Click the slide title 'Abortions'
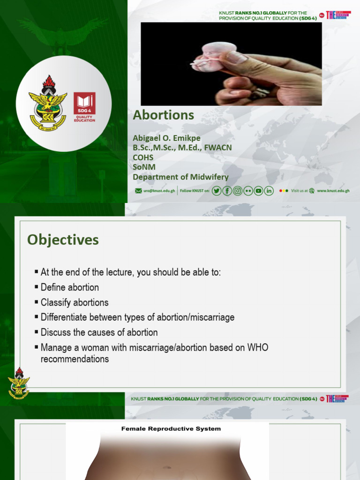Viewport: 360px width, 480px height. click(x=163, y=115)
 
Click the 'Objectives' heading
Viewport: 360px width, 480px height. click(x=63, y=240)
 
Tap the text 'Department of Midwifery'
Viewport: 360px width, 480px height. click(x=180, y=177)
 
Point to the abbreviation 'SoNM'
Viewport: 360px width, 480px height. click(x=144, y=167)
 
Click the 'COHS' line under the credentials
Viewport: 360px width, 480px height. click(x=143, y=157)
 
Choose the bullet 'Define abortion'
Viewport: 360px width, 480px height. click(x=69, y=287)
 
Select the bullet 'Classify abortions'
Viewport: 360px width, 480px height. click(x=74, y=302)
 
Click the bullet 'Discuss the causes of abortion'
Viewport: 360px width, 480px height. click(x=99, y=332)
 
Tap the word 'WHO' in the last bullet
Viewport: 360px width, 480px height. click(x=258, y=348)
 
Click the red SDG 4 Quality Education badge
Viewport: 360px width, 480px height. click(x=84, y=107)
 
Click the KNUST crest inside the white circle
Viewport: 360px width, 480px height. click(x=48, y=103)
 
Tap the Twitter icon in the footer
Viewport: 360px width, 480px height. click(x=216, y=191)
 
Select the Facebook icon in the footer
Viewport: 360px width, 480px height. click(x=227, y=191)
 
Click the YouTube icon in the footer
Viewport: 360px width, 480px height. click(x=258, y=191)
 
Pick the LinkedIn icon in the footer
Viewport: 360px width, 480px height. click(x=269, y=191)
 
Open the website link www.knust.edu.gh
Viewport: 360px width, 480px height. click(x=333, y=191)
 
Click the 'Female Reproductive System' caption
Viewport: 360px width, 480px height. click(x=171, y=428)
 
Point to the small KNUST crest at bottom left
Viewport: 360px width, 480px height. click(x=19, y=383)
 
